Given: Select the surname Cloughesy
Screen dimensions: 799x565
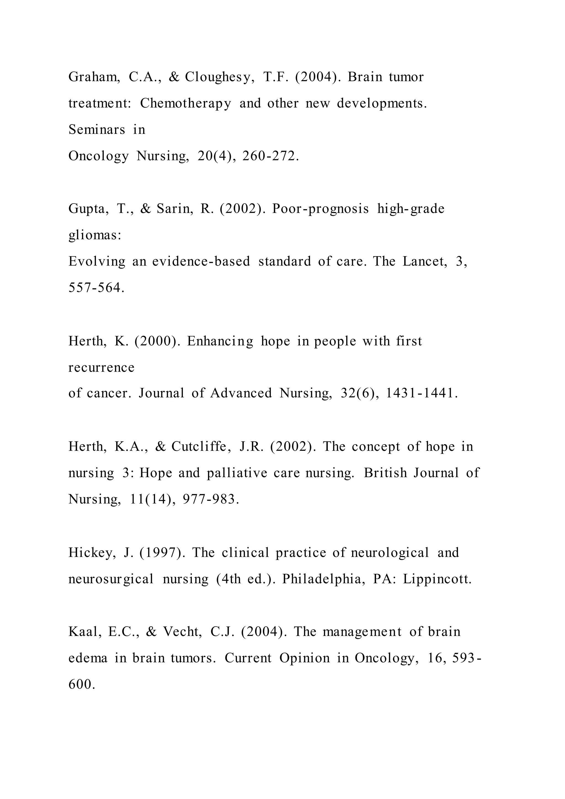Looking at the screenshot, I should pos(217,77).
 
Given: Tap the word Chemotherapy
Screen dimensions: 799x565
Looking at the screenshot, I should pos(185,104).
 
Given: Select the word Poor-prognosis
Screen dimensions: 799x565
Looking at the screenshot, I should pos(320,209).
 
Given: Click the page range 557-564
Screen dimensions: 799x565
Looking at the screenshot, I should pos(96,288).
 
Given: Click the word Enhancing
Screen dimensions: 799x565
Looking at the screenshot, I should pos(220,341).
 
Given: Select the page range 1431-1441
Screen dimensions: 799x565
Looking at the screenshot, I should pos(421,394).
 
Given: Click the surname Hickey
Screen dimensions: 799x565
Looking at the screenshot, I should pos(92,553).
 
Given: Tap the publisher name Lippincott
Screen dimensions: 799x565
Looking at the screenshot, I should pos(437,579).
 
